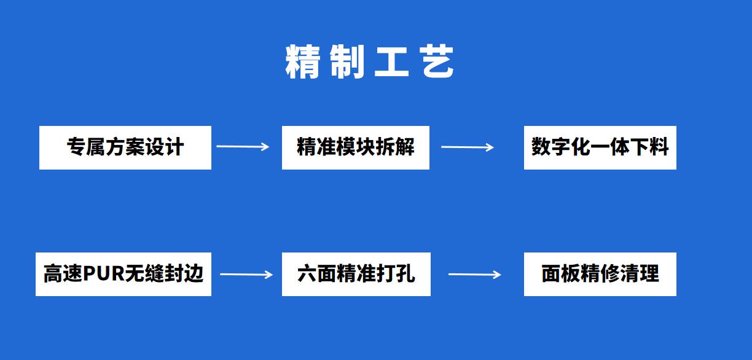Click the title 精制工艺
[x=370, y=62]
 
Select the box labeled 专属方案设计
[x=125, y=148]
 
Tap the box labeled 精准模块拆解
[x=356, y=148]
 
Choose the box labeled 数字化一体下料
[x=600, y=148]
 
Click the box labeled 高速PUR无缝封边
[x=123, y=275]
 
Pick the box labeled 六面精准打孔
[x=356, y=275]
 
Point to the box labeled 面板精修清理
[x=600, y=275]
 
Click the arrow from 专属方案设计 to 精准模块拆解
[x=243, y=146]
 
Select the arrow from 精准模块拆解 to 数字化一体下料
[x=468, y=147]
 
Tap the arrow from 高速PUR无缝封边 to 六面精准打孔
[x=246, y=275]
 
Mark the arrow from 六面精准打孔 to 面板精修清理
[x=475, y=275]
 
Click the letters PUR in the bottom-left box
[x=104, y=273]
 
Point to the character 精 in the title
[x=302, y=62]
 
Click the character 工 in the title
[x=392, y=62]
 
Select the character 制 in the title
[x=347, y=62]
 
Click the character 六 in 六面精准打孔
[x=307, y=274]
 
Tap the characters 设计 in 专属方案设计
[x=165, y=147]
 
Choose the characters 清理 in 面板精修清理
[x=640, y=274]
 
